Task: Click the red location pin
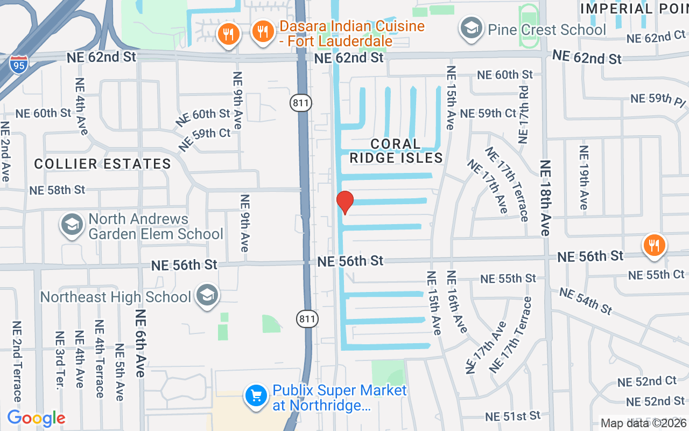coord(344,202)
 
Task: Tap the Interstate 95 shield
coord(18,64)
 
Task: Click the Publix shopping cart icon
coord(256,397)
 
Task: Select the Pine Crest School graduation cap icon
coord(471,29)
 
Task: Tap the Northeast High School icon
coord(207,295)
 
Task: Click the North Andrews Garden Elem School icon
coord(71,226)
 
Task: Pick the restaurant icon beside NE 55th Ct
coord(655,245)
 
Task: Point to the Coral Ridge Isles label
coord(396,151)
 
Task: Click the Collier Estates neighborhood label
coord(103,164)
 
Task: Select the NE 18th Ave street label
coord(545,198)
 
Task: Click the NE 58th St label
coord(57,190)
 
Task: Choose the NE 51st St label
coord(512,416)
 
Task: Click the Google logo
coord(36,418)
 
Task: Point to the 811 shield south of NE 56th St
coord(307,319)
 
